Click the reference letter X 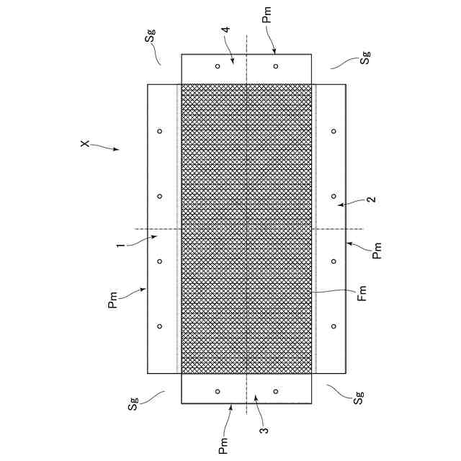[x=84, y=145]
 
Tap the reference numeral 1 [x=122, y=246]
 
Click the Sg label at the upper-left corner [x=151, y=37]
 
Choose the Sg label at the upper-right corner [x=367, y=58]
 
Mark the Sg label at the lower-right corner [x=358, y=398]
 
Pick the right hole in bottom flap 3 [x=276, y=391]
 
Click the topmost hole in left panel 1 [x=160, y=131]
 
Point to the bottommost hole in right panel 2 [x=334, y=326]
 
